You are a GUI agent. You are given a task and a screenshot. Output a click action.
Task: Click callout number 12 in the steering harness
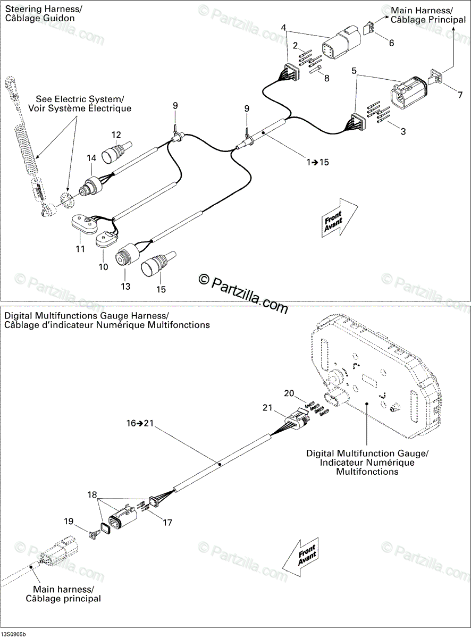point(116,135)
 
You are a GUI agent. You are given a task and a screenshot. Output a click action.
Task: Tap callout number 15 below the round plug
point(161,289)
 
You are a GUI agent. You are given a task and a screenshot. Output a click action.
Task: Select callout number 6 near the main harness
point(392,43)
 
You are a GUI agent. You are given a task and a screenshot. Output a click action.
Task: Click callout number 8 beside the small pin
point(326,78)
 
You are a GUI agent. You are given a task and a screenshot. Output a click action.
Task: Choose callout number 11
point(80,248)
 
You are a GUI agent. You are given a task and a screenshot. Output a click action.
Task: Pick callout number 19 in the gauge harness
point(69,522)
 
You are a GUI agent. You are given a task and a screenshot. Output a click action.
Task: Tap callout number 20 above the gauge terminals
point(289,393)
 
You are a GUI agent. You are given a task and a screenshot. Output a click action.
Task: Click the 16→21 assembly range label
point(140,424)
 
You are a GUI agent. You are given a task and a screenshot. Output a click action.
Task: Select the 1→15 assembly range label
point(317,162)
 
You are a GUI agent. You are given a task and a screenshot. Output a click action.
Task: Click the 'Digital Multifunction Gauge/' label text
point(367,454)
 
